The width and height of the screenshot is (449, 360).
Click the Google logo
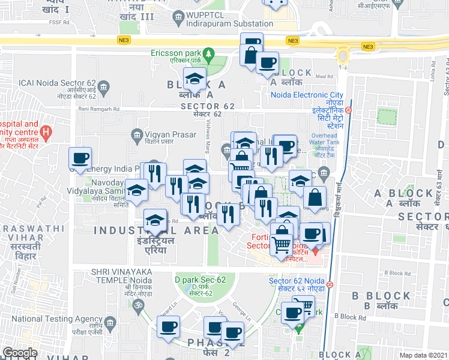(x=20, y=353)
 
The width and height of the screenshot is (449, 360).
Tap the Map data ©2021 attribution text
(x=423, y=355)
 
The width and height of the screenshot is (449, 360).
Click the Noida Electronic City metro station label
(x=307, y=95)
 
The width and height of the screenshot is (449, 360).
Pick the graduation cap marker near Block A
(x=194, y=80)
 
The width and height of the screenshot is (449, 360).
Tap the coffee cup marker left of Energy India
(x=80, y=159)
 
